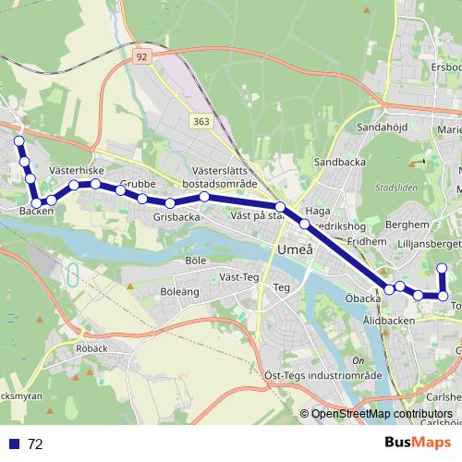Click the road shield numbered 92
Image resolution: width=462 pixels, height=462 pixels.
click(x=140, y=56)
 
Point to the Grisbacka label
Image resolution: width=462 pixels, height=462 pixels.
click(x=176, y=217)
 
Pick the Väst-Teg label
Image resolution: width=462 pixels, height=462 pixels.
click(x=240, y=276)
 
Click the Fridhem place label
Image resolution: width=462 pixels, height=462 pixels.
click(x=366, y=240)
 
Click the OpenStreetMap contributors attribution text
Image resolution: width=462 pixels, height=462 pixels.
click(x=382, y=415)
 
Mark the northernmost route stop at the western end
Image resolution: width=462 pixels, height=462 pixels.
click(x=18, y=140)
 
